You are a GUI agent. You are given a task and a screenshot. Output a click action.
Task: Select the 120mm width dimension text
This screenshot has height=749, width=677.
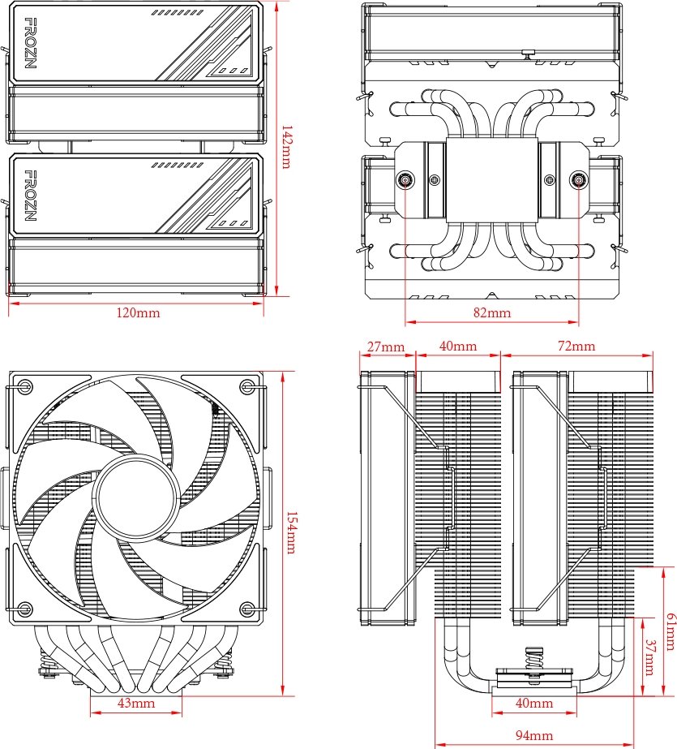(136, 312)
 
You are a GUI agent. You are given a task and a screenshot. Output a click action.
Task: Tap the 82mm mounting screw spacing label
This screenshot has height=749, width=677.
(491, 312)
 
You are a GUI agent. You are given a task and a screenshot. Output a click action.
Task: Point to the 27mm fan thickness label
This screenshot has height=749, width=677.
(386, 347)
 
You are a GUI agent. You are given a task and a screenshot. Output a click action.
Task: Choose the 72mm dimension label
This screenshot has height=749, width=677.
(576, 347)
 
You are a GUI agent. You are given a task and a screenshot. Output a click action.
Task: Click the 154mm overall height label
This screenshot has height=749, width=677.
(292, 532)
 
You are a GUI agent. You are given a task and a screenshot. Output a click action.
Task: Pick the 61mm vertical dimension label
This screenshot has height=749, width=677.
(670, 631)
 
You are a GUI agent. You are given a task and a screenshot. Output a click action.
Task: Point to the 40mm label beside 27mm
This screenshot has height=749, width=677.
(458, 347)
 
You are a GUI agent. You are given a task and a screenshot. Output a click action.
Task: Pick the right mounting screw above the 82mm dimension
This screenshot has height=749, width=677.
(578, 180)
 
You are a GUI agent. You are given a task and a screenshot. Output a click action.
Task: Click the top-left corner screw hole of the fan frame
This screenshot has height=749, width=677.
(26, 387)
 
